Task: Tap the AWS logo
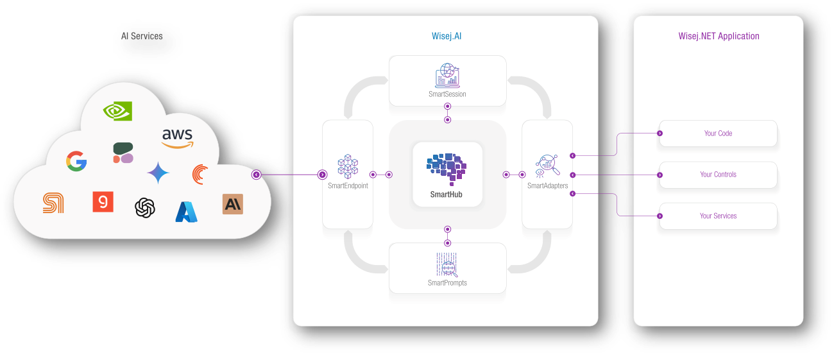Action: (178, 137)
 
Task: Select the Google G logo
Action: (76, 160)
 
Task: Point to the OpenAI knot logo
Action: (145, 207)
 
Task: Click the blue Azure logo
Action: (186, 211)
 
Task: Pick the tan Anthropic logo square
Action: (232, 204)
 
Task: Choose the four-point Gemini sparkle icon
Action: (158, 173)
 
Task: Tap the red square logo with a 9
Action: (103, 201)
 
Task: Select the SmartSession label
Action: (447, 94)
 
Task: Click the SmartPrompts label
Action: (447, 282)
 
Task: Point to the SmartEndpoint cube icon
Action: (348, 166)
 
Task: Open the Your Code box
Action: (718, 133)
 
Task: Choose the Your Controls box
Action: (718, 175)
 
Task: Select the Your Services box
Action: (718, 216)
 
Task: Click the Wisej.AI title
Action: (447, 36)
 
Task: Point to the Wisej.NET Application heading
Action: (719, 36)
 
